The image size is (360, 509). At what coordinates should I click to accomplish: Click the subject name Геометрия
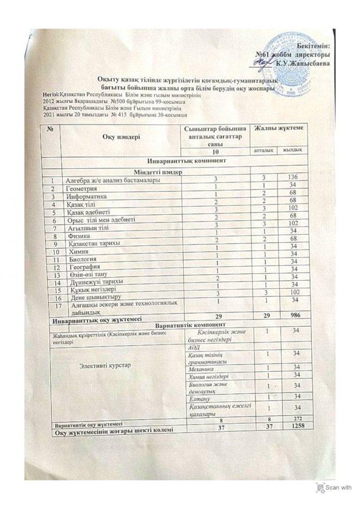pos(81,189)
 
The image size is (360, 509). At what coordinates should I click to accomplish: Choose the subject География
pos(80,266)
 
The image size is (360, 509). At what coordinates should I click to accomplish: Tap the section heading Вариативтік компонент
pos(185,325)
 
